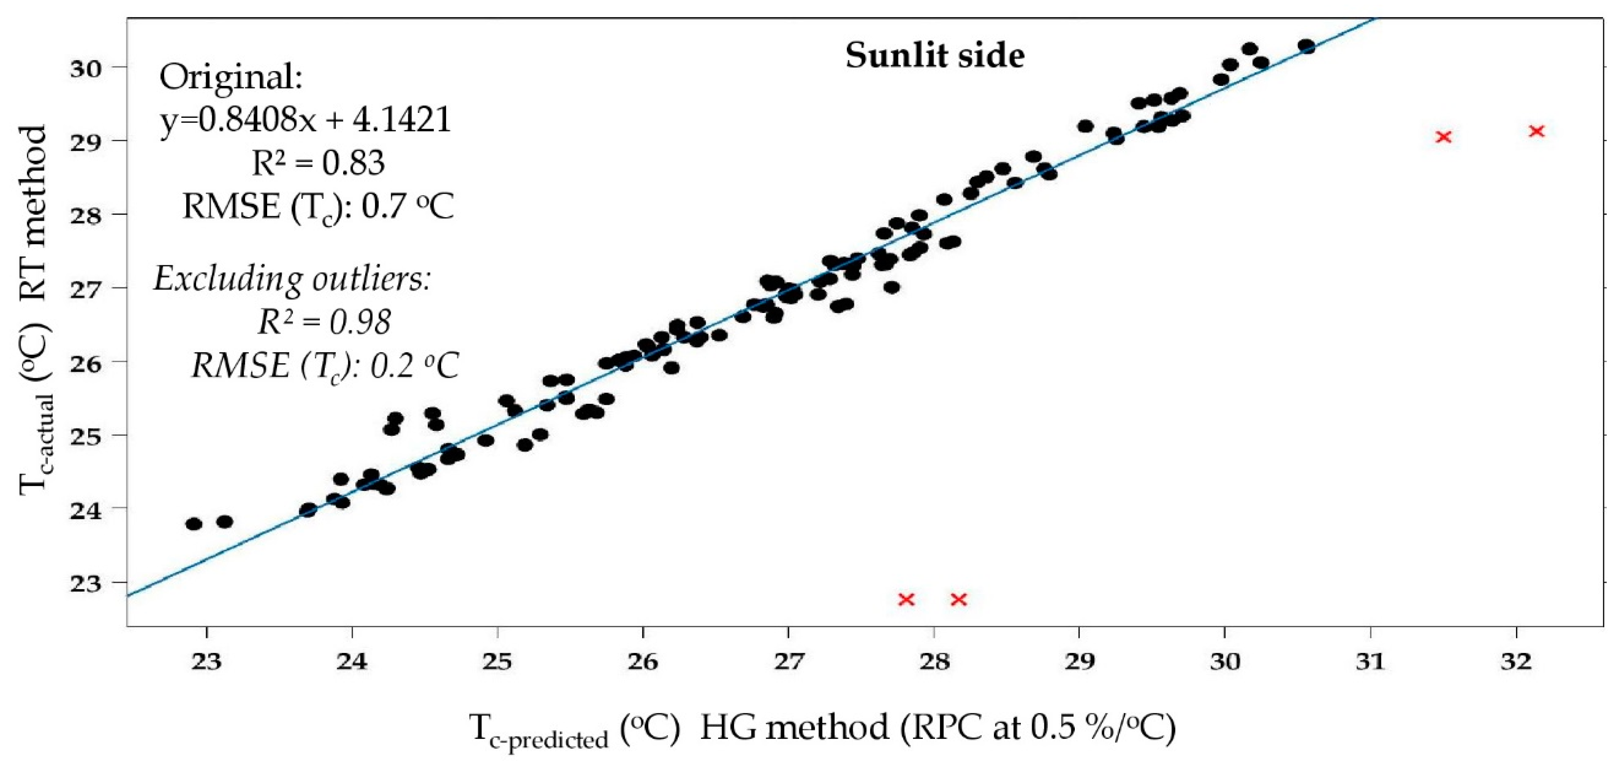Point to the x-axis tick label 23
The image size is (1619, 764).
[x=207, y=662]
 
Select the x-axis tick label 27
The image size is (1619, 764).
[x=788, y=662]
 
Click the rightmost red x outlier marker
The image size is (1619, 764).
[x=1537, y=131]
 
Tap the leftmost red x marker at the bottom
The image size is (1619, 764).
[x=906, y=599]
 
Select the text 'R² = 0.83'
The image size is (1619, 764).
[x=318, y=163]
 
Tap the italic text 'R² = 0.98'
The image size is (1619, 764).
[x=324, y=322]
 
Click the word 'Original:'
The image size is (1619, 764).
[x=231, y=77]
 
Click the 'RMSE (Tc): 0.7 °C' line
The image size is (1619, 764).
[x=318, y=206]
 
